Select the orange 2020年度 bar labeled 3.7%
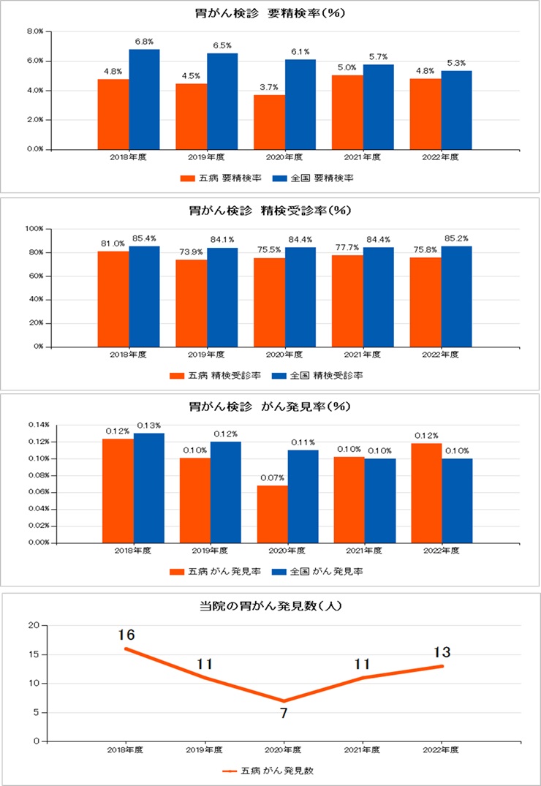[x=269, y=121]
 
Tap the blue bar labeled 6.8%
[x=144, y=99]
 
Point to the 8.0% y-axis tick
[x=35, y=31]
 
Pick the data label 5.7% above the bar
[x=379, y=56]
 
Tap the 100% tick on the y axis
[x=35, y=229]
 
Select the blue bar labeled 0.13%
[x=148, y=488]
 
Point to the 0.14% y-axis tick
[x=39, y=425]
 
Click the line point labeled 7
[x=284, y=700]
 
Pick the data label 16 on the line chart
[x=126, y=634]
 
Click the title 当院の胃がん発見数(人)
[x=270, y=605]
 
